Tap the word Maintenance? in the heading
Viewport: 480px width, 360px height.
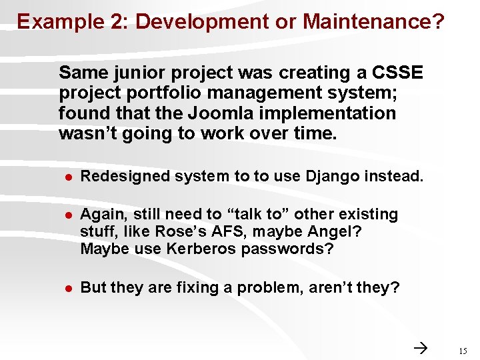(373, 22)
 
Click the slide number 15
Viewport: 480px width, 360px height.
(463, 351)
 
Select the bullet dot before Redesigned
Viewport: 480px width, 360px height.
(67, 177)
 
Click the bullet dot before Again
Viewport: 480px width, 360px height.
(67, 215)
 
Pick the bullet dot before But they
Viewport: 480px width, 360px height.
(67, 288)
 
